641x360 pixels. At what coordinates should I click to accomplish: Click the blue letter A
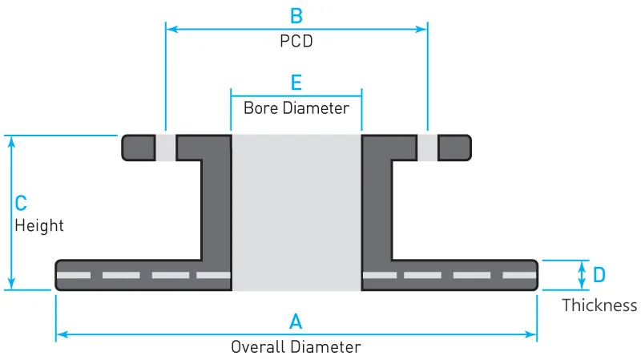point(296,322)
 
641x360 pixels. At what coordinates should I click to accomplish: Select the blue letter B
point(296,14)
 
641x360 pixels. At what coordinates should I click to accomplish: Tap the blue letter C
point(22,204)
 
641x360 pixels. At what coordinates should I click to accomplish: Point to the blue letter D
point(599,275)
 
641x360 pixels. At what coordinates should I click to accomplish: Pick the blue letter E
point(296,83)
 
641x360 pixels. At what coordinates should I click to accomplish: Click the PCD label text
point(296,42)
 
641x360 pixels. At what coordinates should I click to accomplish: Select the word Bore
point(260,107)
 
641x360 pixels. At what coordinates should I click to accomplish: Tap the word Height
point(39,225)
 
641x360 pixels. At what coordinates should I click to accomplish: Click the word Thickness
point(599,305)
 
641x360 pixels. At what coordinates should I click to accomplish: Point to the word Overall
point(257,347)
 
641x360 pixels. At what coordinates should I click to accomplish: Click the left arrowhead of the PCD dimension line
point(170,29)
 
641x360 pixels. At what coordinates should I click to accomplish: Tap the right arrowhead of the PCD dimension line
point(423,29)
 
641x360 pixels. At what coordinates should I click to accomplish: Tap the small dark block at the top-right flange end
point(454,148)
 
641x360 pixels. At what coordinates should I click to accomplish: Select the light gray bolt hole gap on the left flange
point(165,148)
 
